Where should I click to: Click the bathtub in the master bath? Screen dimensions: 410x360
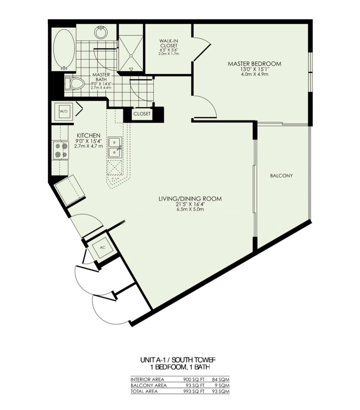(x=63, y=50)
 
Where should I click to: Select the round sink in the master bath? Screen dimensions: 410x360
(x=101, y=32)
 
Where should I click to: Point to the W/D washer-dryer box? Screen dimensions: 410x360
(x=63, y=111)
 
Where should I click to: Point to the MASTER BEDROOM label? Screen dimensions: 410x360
(x=254, y=64)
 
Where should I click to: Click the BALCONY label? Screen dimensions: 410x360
(x=281, y=176)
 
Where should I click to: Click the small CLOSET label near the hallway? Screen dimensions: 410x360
(x=142, y=114)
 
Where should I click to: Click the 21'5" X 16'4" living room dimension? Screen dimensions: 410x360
(x=189, y=204)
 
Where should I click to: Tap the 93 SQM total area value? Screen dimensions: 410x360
(x=223, y=391)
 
